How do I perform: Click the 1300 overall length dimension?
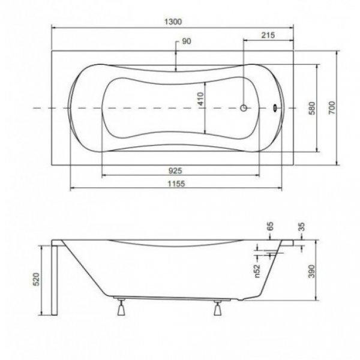point(173,22)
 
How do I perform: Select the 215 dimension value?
point(268,35)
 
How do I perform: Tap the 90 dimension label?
point(186,41)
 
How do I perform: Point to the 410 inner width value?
point(200,99)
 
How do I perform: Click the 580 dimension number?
point(312,108)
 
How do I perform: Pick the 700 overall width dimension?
point(332,107)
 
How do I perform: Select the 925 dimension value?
point(175,170)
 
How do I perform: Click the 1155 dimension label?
point(176,184)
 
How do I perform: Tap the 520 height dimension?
point(37,280)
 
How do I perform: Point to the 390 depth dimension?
point(311,271)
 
